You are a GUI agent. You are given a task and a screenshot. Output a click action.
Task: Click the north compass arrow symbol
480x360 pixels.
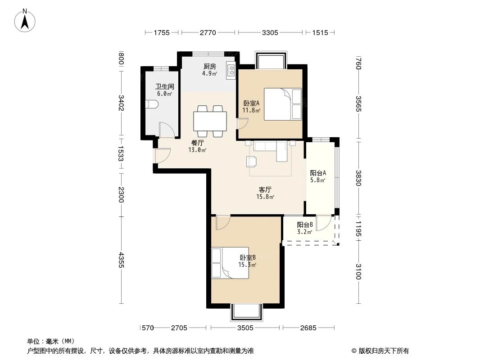coord(26,21)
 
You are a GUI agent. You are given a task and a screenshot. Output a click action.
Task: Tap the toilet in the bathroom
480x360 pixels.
coord(152,104)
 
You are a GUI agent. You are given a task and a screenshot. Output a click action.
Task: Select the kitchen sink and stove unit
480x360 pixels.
coord(231,70)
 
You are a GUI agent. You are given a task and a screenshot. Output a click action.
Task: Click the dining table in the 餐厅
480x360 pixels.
coord(210,121)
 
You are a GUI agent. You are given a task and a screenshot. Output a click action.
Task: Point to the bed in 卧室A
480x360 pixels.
coord(282,104)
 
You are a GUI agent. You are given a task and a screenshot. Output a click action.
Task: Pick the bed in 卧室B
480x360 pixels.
coord(231,262)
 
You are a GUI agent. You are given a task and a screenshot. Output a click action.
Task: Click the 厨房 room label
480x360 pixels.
coord(209,67)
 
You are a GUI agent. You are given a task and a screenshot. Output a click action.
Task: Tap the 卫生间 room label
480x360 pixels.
coord(165,86)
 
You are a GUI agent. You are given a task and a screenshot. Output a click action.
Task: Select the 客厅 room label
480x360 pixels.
coord(265,189)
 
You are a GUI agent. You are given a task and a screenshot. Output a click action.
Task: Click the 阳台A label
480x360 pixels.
coord(318,173)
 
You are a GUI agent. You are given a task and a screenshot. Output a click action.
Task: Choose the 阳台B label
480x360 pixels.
coord(305,225)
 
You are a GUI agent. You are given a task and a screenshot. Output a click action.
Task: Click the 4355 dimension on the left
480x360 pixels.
coord(121,261)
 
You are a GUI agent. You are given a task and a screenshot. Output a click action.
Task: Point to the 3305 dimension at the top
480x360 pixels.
coord(270,32)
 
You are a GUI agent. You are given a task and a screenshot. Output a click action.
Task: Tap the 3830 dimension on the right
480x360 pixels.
coord(358,178)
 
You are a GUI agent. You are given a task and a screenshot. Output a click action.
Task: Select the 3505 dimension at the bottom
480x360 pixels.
coord(245,328)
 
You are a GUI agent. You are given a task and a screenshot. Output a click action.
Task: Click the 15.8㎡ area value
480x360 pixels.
coord(265,197)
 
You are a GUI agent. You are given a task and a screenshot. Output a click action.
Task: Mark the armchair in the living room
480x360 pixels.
coord(252,161)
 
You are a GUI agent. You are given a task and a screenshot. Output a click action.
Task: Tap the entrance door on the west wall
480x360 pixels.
coord(161,155)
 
